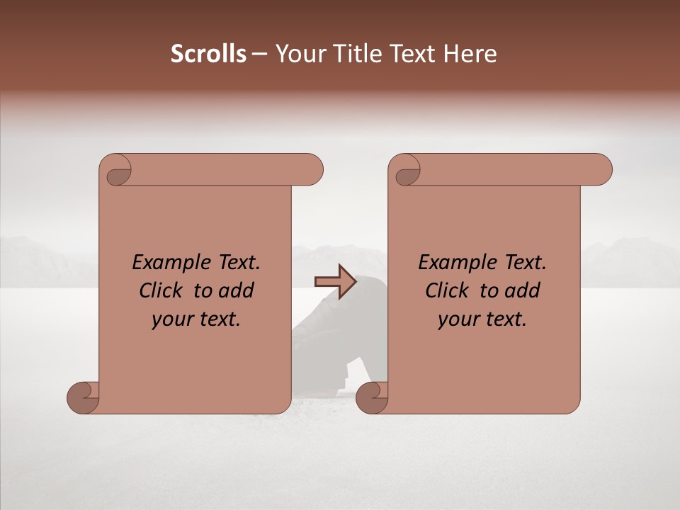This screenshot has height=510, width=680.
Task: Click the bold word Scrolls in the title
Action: [208, 54]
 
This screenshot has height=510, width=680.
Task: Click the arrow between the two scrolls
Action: [335, 281]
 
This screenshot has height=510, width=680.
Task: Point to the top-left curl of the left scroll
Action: [118, 173]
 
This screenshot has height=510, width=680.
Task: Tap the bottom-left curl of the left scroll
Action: [84, 397]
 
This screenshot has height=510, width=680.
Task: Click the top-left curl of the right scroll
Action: [407, 173]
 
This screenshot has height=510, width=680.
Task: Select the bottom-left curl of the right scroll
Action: [372, 397]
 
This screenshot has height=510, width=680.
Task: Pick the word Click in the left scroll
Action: [160, 290]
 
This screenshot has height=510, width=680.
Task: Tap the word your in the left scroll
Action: [169, 319]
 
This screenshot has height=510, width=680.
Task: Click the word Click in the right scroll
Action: [446, 290]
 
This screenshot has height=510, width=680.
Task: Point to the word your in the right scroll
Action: [455, 319]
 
